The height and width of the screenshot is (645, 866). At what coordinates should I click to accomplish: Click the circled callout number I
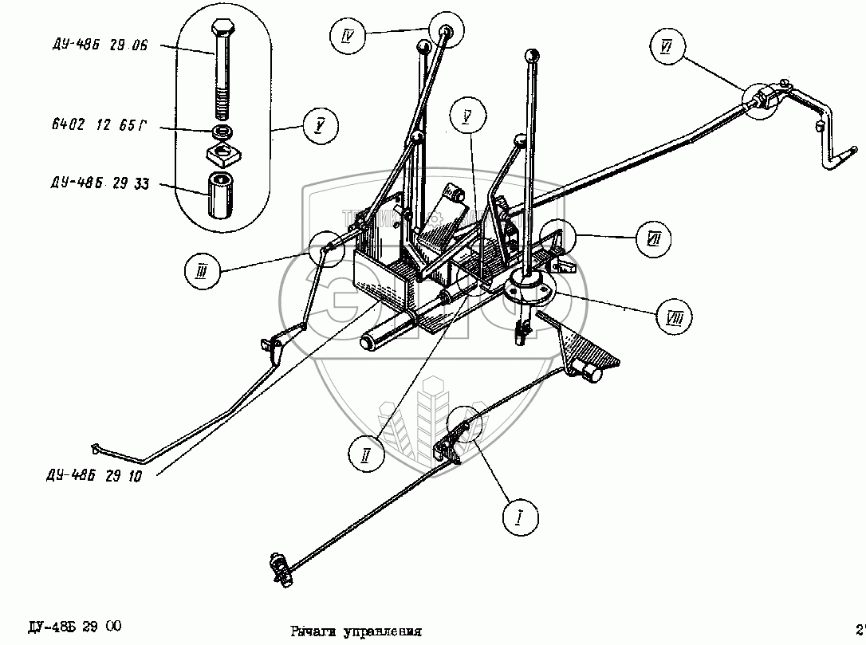coord(520,518)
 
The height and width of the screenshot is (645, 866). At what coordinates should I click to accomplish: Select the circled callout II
coord(366,455)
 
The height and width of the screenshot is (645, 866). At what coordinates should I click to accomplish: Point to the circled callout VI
coord(667,47)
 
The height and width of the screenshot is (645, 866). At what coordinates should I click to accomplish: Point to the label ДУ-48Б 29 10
coord(94,477)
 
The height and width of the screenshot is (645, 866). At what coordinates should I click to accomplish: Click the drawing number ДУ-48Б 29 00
coord(74,626)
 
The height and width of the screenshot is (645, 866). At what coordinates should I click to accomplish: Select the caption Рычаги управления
coord(356,631)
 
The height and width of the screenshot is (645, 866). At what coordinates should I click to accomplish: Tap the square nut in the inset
coord(223,151)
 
